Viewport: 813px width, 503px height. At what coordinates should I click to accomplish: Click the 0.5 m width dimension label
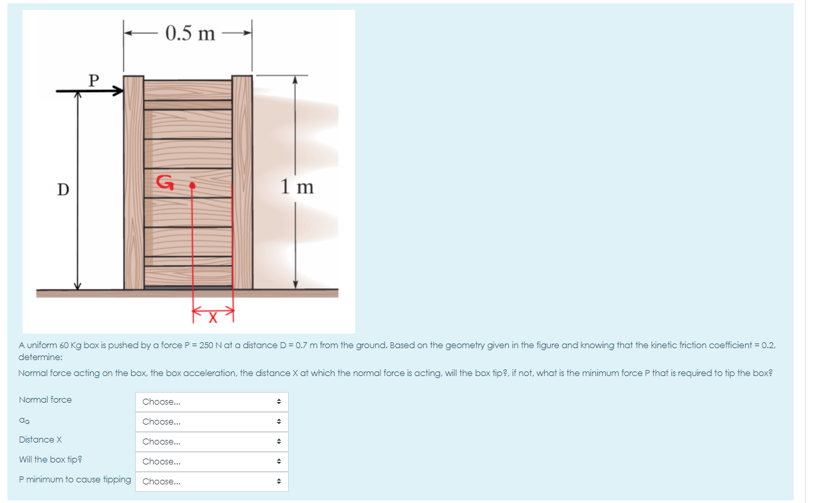point(190,33)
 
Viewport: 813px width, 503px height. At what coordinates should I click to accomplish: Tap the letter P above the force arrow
point(94,80)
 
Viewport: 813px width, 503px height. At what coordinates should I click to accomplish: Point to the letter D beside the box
point(63,189)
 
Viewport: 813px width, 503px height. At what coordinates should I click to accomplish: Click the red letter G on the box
point(164,182)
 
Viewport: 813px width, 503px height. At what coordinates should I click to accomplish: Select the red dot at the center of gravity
point(192,186)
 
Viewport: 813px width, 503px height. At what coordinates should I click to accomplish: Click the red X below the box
point(214,319)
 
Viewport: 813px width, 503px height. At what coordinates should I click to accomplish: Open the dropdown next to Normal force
point(212,402)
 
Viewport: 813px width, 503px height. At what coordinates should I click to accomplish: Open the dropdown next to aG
point(212,422)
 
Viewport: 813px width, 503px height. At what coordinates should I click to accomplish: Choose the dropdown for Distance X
point(212,442)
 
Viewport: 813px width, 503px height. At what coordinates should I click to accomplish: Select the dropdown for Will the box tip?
point(212,462)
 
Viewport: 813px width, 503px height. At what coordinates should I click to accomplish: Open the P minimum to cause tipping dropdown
point(212,482)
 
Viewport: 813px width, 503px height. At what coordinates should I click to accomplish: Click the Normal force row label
point(45,399)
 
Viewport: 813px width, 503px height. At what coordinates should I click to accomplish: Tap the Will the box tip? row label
point(51,459)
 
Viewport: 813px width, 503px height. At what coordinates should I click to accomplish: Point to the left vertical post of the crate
point(134,183)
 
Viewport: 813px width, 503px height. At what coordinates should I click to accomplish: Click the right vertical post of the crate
point(242,183)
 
